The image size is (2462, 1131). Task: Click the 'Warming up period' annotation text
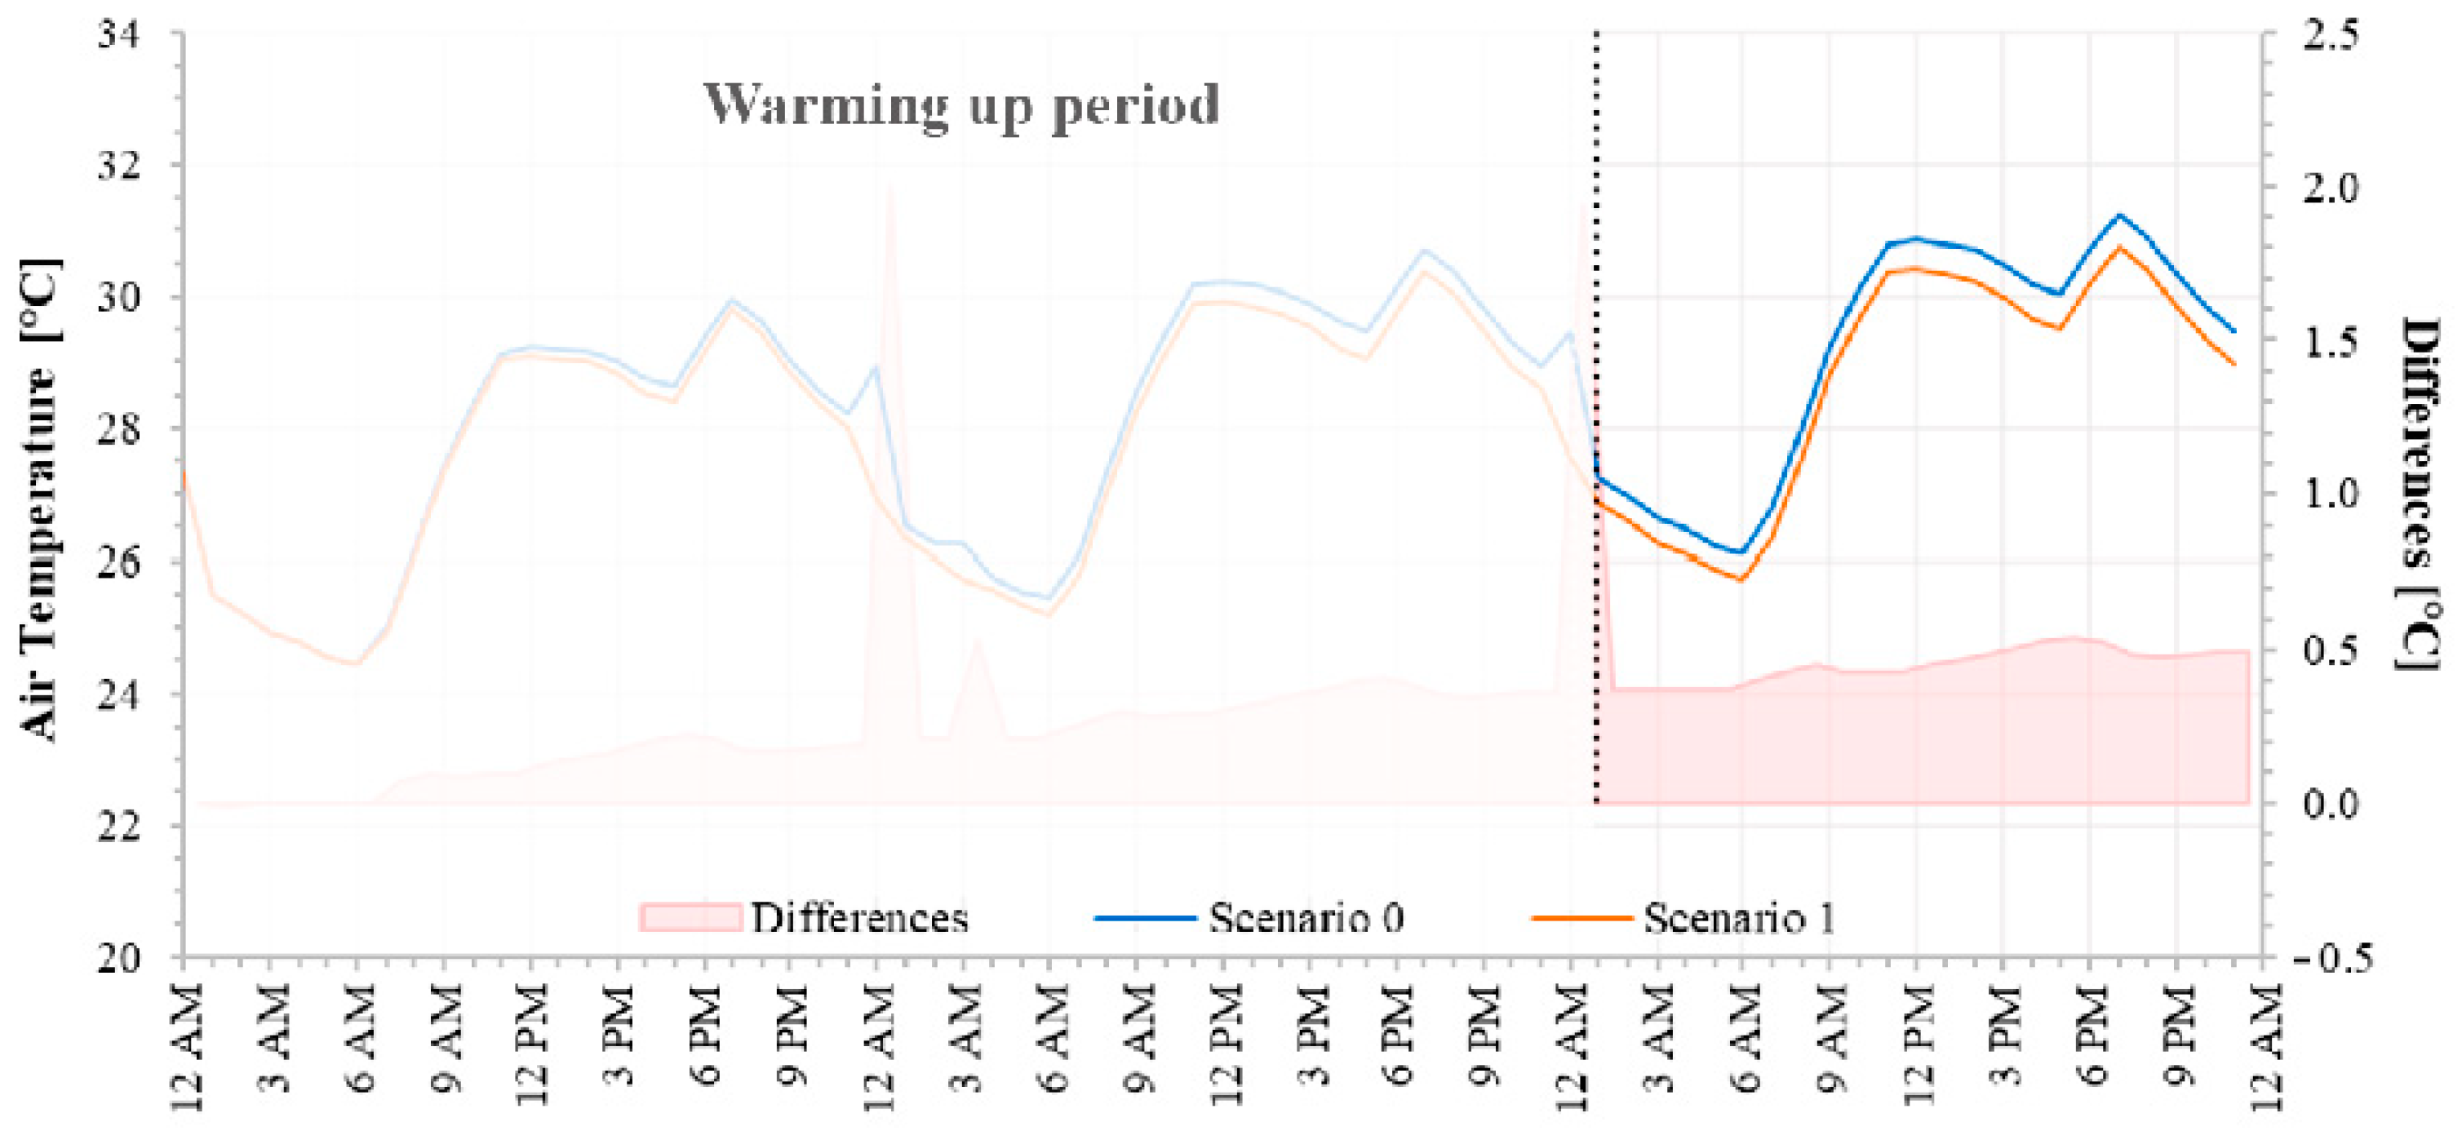click(x=961, y=105)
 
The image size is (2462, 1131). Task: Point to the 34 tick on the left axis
click(x=118, y=34)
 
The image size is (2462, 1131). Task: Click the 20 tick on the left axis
click(x=118, y=957)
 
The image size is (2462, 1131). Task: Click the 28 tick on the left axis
click(x=118, y=429)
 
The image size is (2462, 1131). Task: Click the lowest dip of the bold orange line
click(x=1741, y=579)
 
